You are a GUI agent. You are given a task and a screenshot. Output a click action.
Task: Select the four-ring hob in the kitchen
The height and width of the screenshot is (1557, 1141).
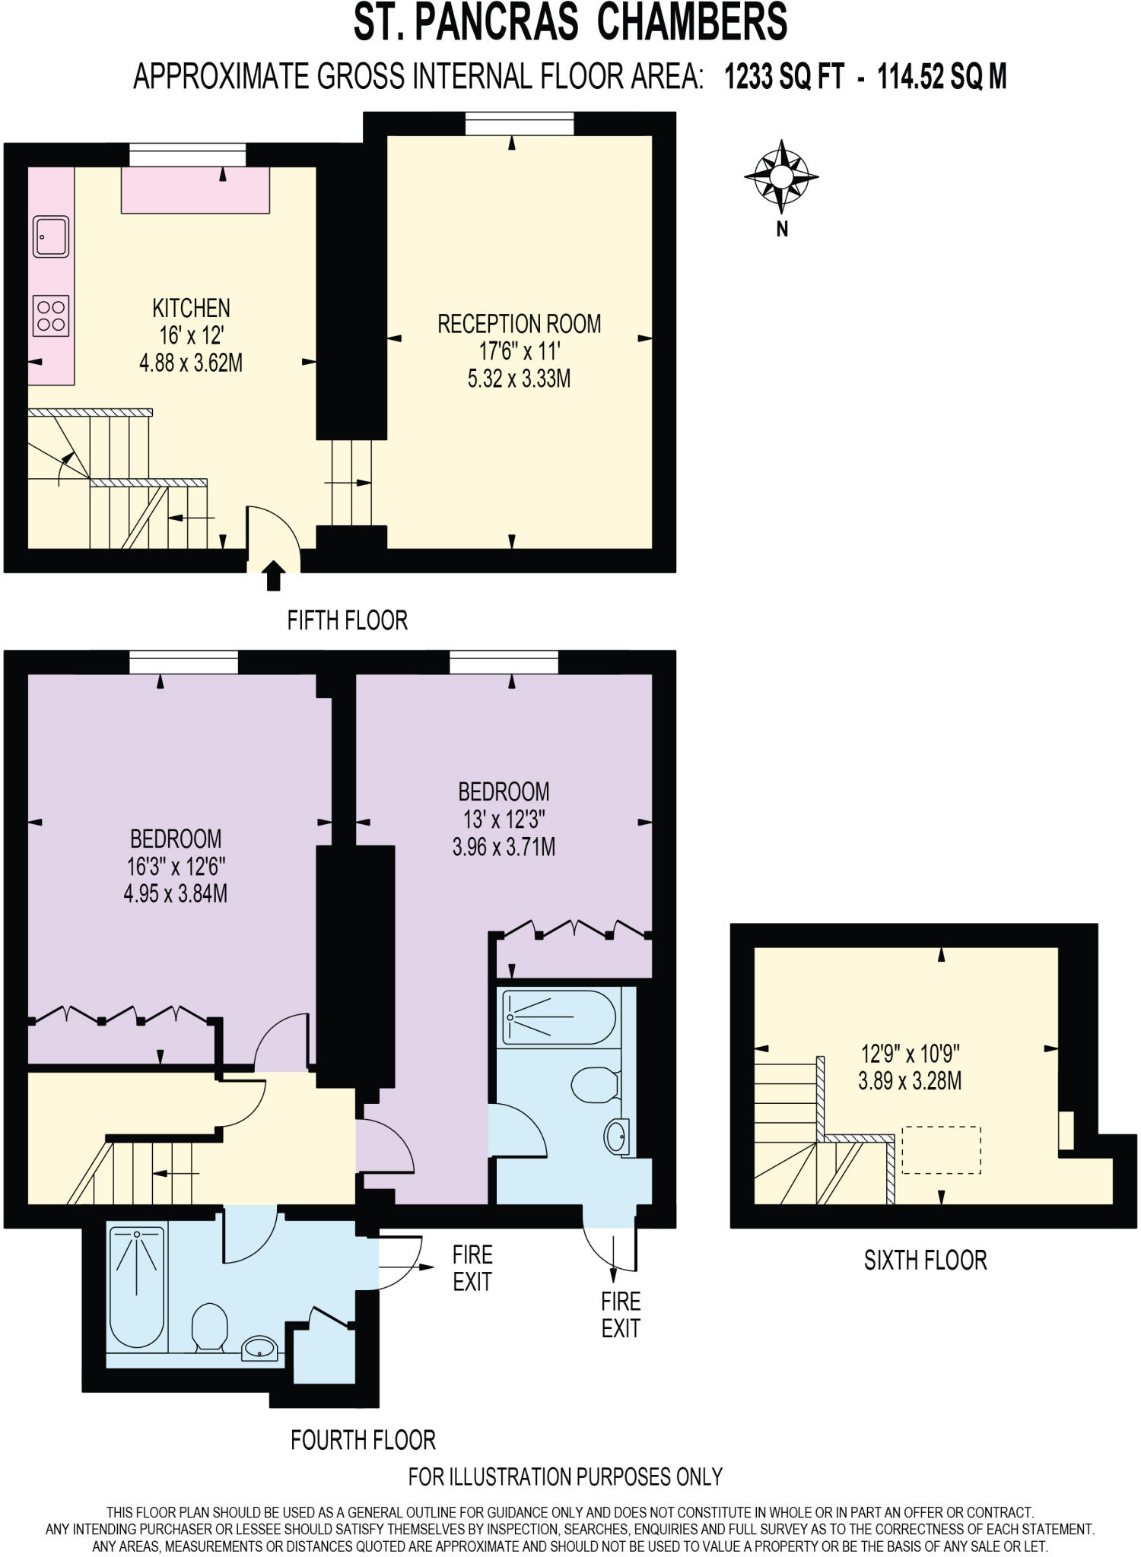click(51, 316)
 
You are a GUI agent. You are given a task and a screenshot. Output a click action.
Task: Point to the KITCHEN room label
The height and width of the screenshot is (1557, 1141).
click(191, 309)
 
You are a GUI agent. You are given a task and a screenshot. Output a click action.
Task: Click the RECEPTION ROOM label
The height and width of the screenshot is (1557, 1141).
click(519, 324)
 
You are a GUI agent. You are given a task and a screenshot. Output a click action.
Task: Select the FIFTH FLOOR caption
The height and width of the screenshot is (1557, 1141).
click(347, 620)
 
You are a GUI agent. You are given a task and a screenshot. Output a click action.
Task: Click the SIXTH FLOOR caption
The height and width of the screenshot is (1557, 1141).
click(925, 1261)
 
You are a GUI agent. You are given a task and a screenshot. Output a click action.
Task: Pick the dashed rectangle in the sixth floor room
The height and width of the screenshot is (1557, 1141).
click(941, 1150)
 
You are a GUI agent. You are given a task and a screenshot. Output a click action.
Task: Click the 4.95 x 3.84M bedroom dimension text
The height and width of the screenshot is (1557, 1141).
click(176, 893)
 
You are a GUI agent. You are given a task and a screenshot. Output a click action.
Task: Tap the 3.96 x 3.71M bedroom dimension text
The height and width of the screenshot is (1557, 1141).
click(504, 846)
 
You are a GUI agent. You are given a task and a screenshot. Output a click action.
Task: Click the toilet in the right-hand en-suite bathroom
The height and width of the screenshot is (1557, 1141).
click(594, 1085)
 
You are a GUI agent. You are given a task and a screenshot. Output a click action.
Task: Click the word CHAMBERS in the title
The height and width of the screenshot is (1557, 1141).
click(691, 23)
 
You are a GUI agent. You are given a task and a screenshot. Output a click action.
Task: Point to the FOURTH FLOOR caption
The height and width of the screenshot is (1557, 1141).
click(363, 1439)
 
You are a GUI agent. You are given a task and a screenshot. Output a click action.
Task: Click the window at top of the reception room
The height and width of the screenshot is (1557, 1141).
click(519, 124)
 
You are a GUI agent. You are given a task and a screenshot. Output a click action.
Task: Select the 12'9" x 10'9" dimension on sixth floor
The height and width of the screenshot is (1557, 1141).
click(910, 1054)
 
